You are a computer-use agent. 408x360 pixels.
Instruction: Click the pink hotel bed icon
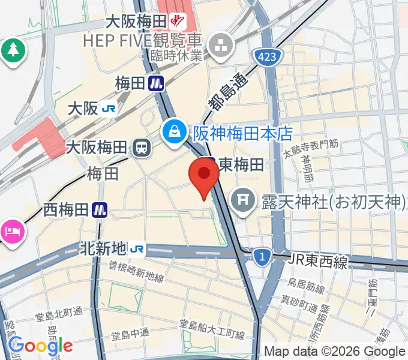(x=11, y=230)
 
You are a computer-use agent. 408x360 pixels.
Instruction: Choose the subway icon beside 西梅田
(x=100, y=209)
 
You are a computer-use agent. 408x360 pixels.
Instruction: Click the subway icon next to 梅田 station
(x=158, y=82)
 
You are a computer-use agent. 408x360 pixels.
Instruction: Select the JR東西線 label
(x=318, y=260)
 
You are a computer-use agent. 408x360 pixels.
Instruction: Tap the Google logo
(x=40, y=345)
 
